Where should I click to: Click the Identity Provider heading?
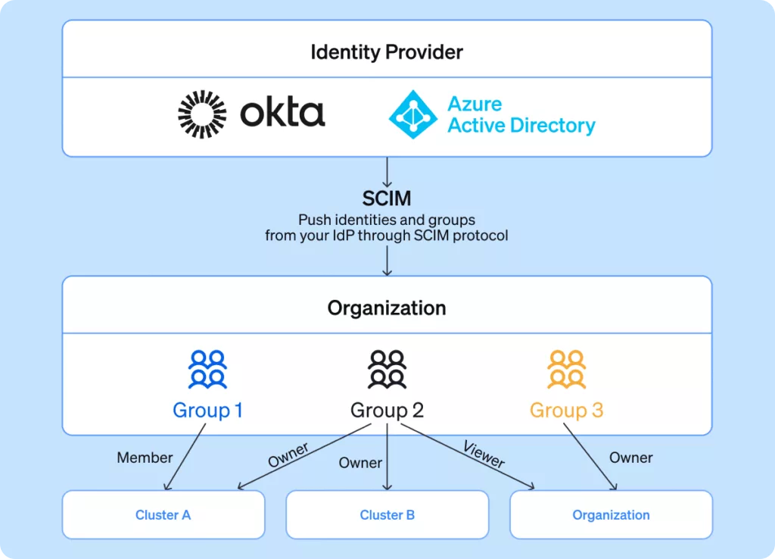click(x=387, y=52)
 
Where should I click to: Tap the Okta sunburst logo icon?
click(x=202, y=114)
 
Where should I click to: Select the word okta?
click(x=282, y=114)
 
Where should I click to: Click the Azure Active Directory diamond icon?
click(x=412, y=114)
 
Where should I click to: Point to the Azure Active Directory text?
click(x=521, y=114)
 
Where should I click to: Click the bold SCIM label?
click(x=387, y=199)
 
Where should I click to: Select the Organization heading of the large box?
click(x=387, y=308)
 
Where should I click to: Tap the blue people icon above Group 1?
click(x=207, y=369)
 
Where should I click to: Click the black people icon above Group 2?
click(x=387, y=369)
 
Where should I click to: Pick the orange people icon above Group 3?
click(x=566, y=369)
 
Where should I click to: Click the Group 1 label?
click(x=207, y=411)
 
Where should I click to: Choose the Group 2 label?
click(x=387, y=411)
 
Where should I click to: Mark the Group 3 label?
click(x=566, y=411)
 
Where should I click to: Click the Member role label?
click(x=145, y=458)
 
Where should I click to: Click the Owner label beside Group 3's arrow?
click(x=630, y=458)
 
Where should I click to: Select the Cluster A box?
click(x=163, y=515)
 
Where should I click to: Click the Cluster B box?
click(x=387, y=515)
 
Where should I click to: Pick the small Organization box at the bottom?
click(x=611, y=515)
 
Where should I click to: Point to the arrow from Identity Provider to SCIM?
click(x=387, y=172)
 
